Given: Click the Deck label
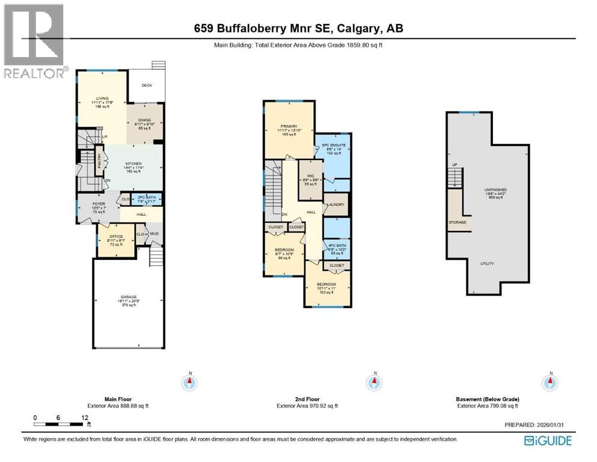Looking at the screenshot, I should [147, 85].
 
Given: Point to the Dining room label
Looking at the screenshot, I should [144, 120].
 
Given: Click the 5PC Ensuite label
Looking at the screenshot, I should [333, 145].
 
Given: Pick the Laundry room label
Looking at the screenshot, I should [336, 205].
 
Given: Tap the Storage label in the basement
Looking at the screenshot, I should [457, 222].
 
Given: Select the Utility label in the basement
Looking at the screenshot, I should [487, 263].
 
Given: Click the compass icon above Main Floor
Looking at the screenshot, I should [190, 381].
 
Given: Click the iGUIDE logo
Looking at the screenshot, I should [548, 440].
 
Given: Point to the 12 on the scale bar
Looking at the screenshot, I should [85, 417].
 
